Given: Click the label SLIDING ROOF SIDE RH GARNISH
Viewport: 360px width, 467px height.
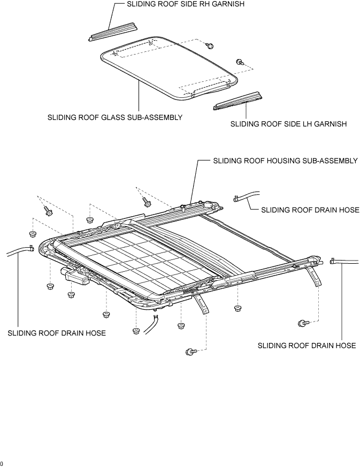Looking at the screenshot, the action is pyautogui.click(x=186, y=4).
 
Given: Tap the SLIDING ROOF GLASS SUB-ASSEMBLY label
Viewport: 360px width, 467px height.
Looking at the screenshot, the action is pyautogui.click(x=115, y=117).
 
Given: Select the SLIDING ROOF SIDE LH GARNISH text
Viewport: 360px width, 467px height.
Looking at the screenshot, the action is pyautogui.click(x=288, y=124).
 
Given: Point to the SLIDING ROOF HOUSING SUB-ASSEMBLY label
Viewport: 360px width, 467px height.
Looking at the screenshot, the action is pyautogui.click(x=285, y=161).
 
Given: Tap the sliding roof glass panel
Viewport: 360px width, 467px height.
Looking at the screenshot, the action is pyautogui.click(x=169, y=68).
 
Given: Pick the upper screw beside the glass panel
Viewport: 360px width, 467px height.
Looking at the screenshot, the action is pyautogui.click(x=210, y=45).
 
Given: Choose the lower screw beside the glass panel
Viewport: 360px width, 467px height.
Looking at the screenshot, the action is pyautogui.click(x=240, y=62).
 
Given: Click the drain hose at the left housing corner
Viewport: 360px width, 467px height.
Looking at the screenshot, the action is pyautogui.click(x=19, y=250).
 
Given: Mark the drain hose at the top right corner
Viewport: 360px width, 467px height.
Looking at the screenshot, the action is pyautogui.click(x=247, y=196).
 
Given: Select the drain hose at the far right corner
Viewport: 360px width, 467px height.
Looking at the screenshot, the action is pyautogui.click(x=344, y=261).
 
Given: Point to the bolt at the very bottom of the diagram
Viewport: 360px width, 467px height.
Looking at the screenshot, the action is pyautogui.click(x=190, y=352).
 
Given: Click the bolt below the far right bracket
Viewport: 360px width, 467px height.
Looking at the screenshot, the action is pyautogui.click(x=303, y=323).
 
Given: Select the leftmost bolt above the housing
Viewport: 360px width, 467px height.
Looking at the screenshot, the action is pyautogui.click(x=48, y=211).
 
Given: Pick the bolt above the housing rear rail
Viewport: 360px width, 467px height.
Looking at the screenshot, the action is pyautogui.click(x=145, y=202).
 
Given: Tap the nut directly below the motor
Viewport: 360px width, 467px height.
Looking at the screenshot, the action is pyautogui.click(x=71, y=295).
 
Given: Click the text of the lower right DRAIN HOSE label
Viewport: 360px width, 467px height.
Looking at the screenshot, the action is pyautogui.click(x=307, y=346).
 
